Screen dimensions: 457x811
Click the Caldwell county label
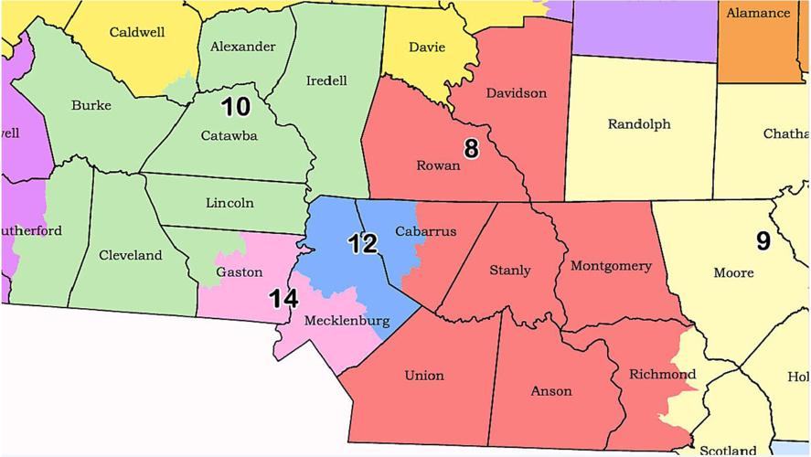coord(136,32)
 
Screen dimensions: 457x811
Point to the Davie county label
coord(427,47)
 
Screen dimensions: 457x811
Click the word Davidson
coord(517,93)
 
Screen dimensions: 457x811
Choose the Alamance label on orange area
coord(758,13)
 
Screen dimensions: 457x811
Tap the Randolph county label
coord(639,123)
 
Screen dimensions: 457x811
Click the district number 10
coord(235,107)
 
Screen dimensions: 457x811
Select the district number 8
coord(471,149)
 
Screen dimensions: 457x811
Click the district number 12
coord(362,244)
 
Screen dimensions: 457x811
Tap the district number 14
coord(283,298)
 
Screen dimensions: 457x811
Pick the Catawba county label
coord(229,136)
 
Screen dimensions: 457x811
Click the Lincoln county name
coord(229,203)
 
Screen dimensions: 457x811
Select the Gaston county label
coord(239,272)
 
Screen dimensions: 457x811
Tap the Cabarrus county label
coord(425,231)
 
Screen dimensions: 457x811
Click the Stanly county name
coord(509,271)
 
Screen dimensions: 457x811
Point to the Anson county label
coord(551,391)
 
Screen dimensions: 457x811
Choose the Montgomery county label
coord(611,267)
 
